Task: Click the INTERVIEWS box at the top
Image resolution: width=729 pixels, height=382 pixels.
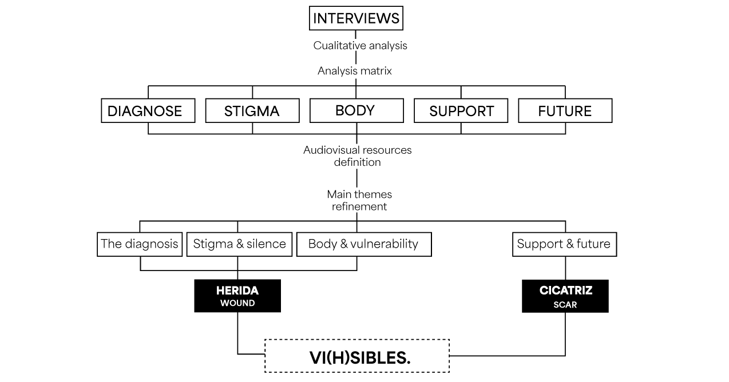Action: [356, 18]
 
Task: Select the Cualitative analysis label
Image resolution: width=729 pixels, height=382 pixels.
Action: [360, 46]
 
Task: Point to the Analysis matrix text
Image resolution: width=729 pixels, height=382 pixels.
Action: [355, 71]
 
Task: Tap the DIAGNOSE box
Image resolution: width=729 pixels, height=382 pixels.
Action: [148, 110]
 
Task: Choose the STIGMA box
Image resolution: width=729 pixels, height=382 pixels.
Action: [252, 110]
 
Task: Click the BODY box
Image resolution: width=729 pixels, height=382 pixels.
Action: [356, 110]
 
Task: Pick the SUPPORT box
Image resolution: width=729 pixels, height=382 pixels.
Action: [461, 110]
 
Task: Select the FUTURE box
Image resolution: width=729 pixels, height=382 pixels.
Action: [565, 110]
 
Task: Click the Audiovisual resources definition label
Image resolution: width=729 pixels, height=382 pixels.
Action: [357, 156]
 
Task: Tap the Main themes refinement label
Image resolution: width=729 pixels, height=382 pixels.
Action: [359, 201]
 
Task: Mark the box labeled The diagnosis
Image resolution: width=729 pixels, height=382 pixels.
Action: [140, 244]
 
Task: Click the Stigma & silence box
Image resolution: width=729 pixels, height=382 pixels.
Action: [239, 244]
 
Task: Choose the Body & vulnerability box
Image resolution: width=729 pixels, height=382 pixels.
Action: [363, 244]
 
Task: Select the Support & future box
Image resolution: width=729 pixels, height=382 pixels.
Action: [564, 244]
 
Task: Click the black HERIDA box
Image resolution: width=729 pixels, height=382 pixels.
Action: [237, 296]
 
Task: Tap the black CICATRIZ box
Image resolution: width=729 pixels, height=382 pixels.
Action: [565, 296]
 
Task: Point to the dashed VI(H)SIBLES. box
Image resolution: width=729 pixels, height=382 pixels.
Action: [357, 356]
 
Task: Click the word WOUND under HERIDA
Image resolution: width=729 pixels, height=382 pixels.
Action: [237, 304]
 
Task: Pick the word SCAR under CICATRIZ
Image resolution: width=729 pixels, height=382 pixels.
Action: [565, 305]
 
